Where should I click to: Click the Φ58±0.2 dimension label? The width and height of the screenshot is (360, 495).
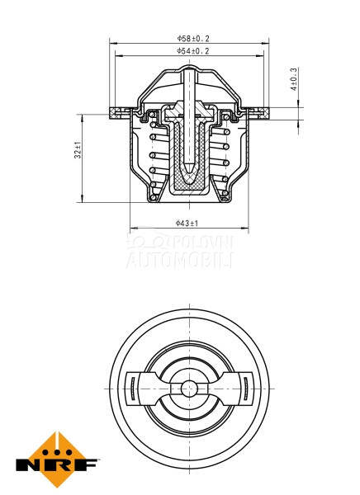click(x=192, y=38)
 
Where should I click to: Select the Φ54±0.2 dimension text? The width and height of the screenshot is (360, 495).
click(x=192, y=51)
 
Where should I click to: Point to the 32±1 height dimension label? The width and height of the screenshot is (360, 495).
click(x=78, y=150)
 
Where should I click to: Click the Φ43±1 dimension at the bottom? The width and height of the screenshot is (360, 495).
click(x=187, y=223)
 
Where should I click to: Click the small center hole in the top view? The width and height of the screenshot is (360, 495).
click(x=189, y=387)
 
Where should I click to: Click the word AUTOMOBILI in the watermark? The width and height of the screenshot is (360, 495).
click(x=179, y=261)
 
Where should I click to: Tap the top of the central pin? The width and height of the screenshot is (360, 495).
click(x=189, y=71)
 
